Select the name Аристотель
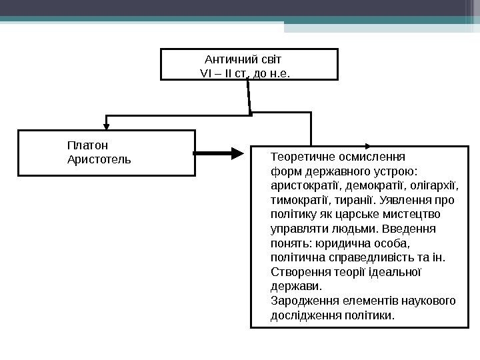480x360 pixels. coord(99,160)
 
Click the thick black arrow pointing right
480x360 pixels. coord(220,154)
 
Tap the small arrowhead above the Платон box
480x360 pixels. coord(106,124)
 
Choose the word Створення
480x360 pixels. coord(298,272)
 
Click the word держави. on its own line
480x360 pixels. coord(296,287)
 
